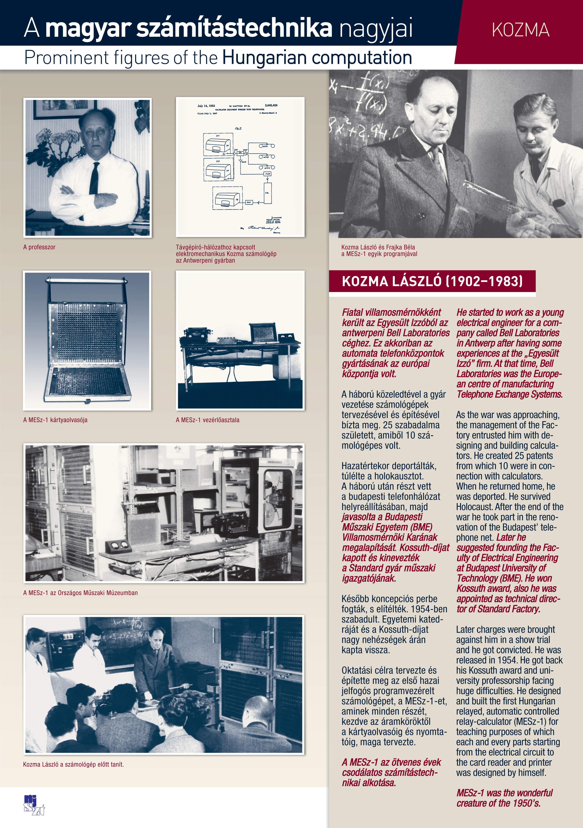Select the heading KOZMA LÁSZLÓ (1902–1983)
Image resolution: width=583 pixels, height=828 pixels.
coord(432,281)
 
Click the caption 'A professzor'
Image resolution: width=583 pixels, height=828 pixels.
coord(39,247)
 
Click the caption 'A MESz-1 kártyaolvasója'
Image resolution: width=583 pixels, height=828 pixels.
coord(55,420)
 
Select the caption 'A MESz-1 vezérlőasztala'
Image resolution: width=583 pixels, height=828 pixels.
coord(207,420)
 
